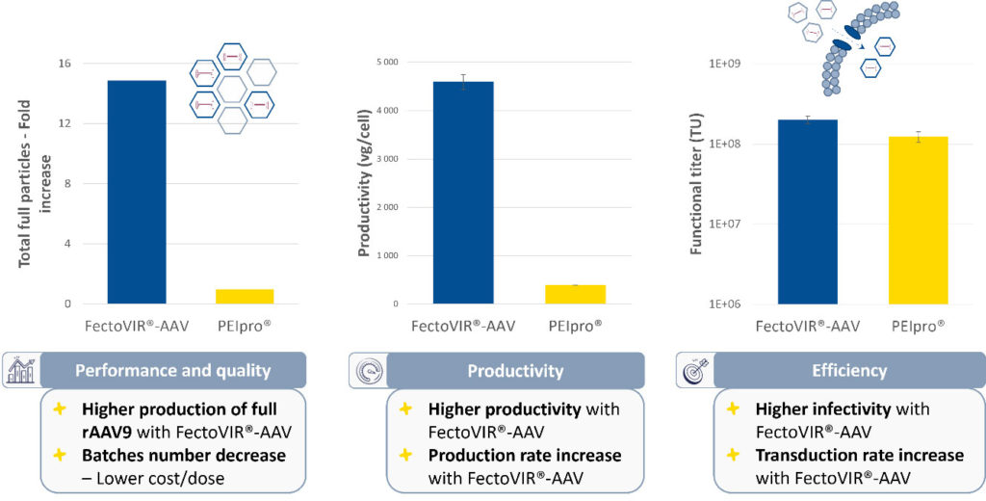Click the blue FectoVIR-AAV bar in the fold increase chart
pos(137,192)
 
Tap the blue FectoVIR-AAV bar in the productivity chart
pos(463,193)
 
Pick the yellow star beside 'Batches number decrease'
pos(60,455)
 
